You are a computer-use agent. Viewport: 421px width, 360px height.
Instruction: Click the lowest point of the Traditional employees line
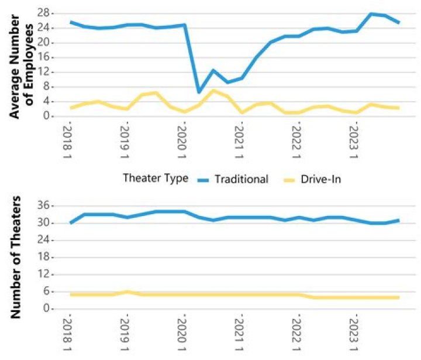[x=199, y=92]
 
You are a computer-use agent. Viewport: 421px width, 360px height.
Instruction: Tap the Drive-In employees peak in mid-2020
[x=213, y=90]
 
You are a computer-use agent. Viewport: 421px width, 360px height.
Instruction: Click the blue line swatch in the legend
[x=205, y=179]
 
